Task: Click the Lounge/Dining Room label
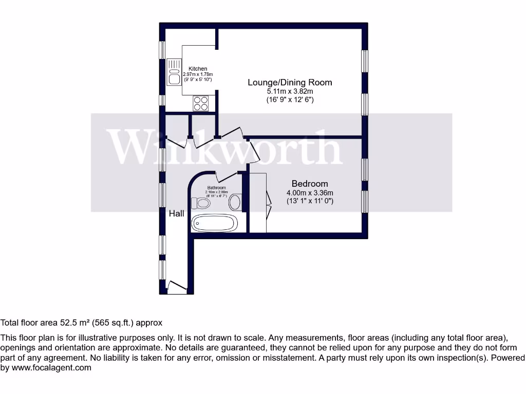pyautogui.click(x=290, y=82)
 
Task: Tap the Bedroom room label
pyautogui.click(x=310, y=184)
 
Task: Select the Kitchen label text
pyautogui.click(x=198, y=69)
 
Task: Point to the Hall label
pyautogui.click(x=177, y=213)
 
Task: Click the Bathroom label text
pyautogui.click(x=216, y=188)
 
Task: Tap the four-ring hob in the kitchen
pyautogui.click(x=201, y=104)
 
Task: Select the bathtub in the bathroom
pyautogui.click(x=214, y=223)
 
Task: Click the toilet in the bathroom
pyautogui.click(x=200, y=203)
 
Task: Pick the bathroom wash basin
pyautogui.click(x=235, y=202)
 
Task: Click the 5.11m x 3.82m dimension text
pyautogui.click(x=290, y=91)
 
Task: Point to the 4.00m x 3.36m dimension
pyautogui.click(x=310, y=193)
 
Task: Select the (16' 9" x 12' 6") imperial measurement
pyautogui.click(x=290, y=100)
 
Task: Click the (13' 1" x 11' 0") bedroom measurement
pyautogui.click(x=310, y=201)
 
